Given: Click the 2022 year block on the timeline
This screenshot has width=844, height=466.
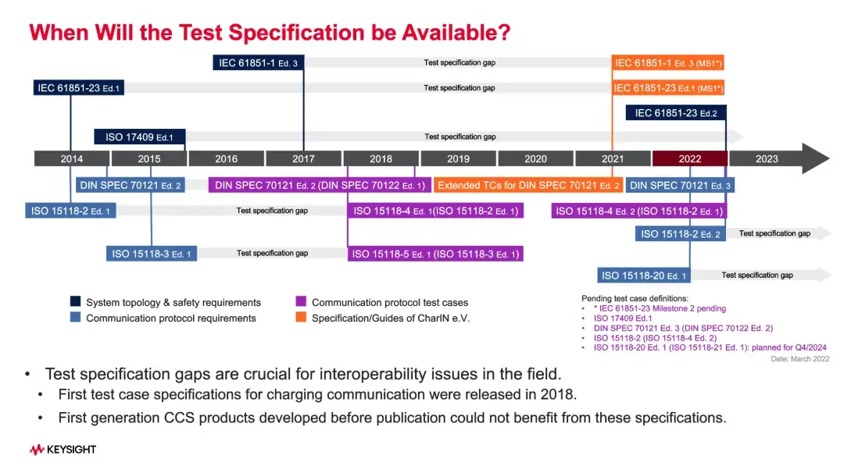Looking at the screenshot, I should click(x=689, y=158).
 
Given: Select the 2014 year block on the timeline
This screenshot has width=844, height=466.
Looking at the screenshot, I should click(x=71, y=158).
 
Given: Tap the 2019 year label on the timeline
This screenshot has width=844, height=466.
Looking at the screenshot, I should click(x=458, y=158).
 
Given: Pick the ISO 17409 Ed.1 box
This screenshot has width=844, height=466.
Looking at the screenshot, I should click(x=140, y=137).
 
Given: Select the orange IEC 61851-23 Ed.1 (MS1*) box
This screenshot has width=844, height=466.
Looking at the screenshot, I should click(x=668, y=88).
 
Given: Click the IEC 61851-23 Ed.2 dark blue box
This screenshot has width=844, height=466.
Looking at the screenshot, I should click(x=676, y=113).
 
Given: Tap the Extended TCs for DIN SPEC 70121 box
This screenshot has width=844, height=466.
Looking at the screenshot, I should click(x=528, y=186).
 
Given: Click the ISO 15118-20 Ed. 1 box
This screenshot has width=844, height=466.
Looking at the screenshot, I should click(x=644, y=275).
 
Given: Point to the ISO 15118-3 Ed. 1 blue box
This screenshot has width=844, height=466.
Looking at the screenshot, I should click(x=152, y=254).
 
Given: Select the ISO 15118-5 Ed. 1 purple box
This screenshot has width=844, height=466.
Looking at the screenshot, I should click(x=435, y=254).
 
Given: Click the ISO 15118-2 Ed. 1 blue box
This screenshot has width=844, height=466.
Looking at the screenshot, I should click(x=70, y=211).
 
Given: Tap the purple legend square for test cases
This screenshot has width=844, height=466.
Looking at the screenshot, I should click(x=301, y=302).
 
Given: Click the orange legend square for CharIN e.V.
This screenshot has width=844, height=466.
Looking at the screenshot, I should click(x=301, y=318).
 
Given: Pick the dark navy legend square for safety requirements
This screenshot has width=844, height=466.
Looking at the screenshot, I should click(x=75, y=302).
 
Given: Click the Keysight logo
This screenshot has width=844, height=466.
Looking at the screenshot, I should click(x=63, y=450).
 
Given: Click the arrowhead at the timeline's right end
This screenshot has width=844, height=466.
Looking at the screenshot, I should click(x=816, y=158).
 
